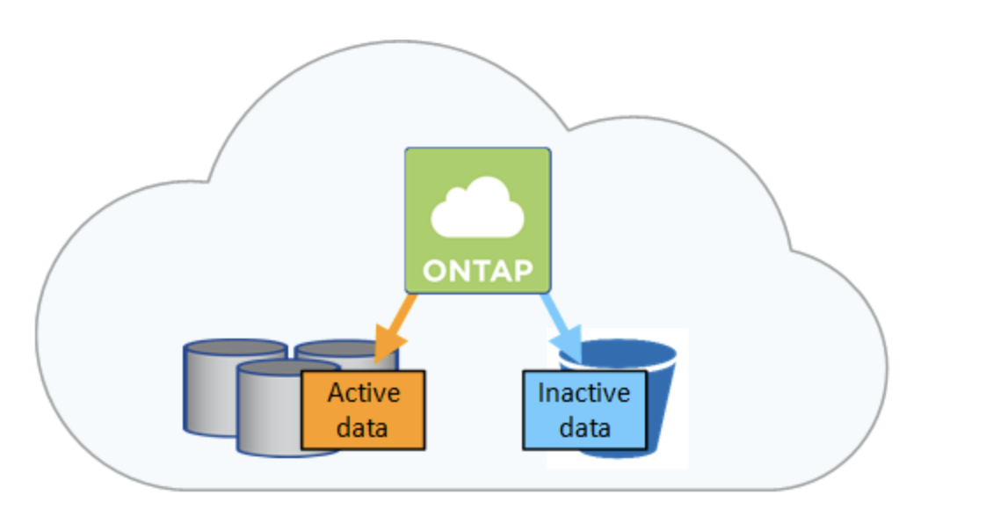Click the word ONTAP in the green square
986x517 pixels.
[478, 271]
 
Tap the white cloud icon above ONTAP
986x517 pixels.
[478, 208]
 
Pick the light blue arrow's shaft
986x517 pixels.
[555, 313]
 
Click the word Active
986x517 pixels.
[364, 393]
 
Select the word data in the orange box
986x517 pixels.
[362, 427]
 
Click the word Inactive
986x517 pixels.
[584, 393]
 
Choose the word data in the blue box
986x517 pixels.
[584, 427]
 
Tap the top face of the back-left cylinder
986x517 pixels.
[236, 348]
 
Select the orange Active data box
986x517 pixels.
[364, 410]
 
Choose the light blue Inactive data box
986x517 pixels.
[584, 410]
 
